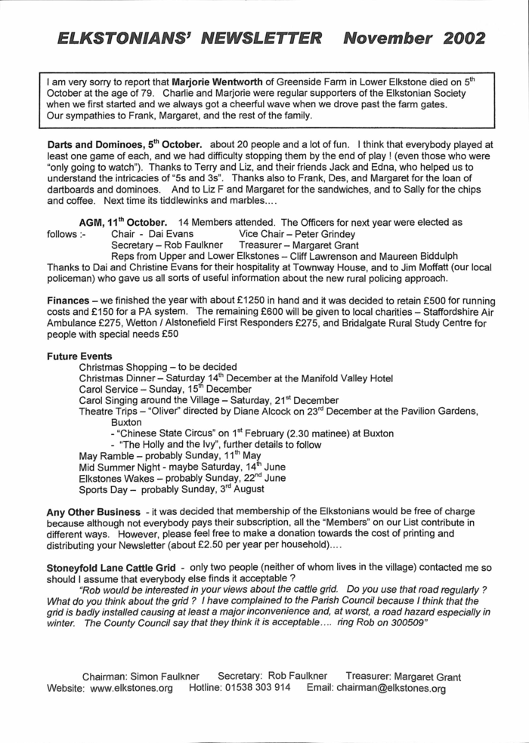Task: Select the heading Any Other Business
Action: pyautogui.click(x=93, y=512)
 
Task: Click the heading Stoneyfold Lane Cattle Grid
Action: pyautogui.click(x=114, y=568)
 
